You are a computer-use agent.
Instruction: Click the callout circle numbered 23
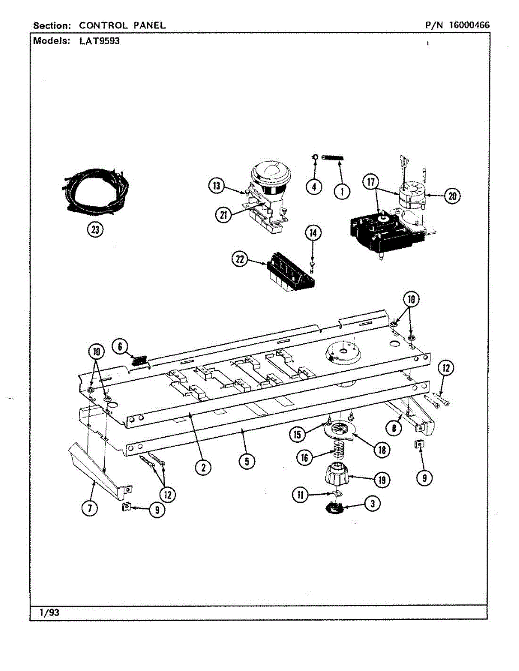[x=96, y=230]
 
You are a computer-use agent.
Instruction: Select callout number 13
[x=216, y=186]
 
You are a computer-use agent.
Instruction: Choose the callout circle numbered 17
[x=370, y=182]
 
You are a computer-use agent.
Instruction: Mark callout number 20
[x=452, y=195]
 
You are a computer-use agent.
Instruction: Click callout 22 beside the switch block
[x=240, y=259]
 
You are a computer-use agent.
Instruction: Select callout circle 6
[x=119, y=346]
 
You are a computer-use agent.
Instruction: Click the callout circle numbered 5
[x=245, y=461]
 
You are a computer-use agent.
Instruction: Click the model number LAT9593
[x=100, y=41]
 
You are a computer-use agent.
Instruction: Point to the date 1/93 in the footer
[x=49, y=613]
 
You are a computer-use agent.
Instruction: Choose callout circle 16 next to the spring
[x=305, y=457]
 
